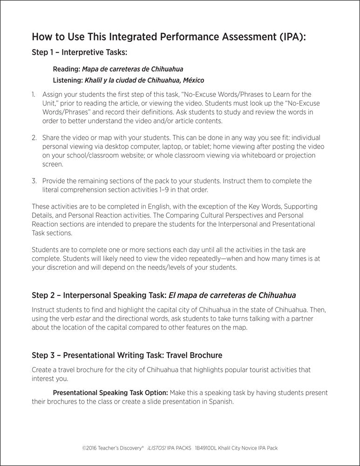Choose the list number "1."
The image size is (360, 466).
click(34, 95)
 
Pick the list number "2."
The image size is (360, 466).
click(34, 138)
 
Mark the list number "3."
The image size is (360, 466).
click(34, 181)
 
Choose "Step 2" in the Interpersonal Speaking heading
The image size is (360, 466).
click(44, 295)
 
